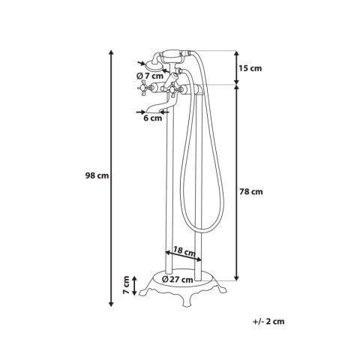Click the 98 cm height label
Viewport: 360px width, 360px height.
tap(97, 175)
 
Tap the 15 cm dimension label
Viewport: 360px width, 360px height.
tap(250, 68)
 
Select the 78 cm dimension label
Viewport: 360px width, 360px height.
tap(251, 192)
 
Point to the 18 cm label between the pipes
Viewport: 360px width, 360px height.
tap(184, 251)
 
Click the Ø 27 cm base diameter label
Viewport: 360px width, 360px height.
tap(178, 279)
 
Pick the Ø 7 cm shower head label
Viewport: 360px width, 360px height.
tap(150, 76)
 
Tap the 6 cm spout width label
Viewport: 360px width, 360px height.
tap(153, 118)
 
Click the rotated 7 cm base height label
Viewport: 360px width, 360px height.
tap(127, 285)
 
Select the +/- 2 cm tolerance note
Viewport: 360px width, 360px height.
tap(268, 321)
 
